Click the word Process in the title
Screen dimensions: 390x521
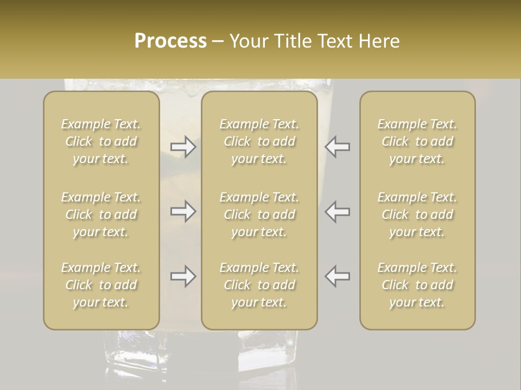[170, 41]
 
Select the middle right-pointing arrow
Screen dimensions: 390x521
[183, 211]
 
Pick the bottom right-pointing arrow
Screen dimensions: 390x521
[183, 276]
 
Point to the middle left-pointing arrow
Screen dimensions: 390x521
[338, 211]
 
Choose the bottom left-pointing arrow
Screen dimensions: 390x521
[338, 276]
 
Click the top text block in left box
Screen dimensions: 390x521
[101, 141]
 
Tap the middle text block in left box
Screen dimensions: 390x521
[101, 214]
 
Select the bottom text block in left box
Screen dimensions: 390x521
[101, 285]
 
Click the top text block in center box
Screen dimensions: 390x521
[259, 141]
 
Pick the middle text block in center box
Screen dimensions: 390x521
[259, 214]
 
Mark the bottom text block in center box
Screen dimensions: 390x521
[259, 285]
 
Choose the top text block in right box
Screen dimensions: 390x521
[417, 141]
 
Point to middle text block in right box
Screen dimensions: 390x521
[417, 214]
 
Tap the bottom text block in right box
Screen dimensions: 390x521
[417, 285]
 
